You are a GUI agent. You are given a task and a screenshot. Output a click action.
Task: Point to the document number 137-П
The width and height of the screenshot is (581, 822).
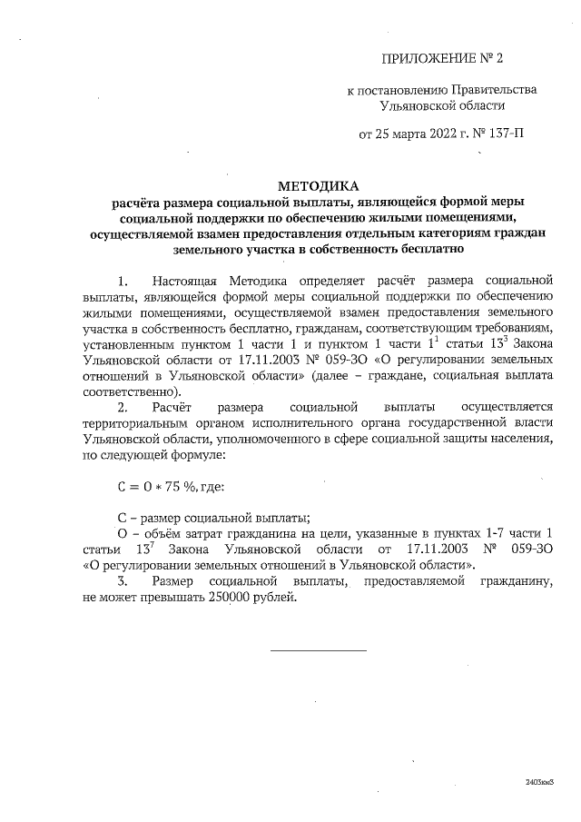507,135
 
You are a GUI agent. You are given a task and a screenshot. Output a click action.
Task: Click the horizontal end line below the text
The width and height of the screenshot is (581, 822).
319,649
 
